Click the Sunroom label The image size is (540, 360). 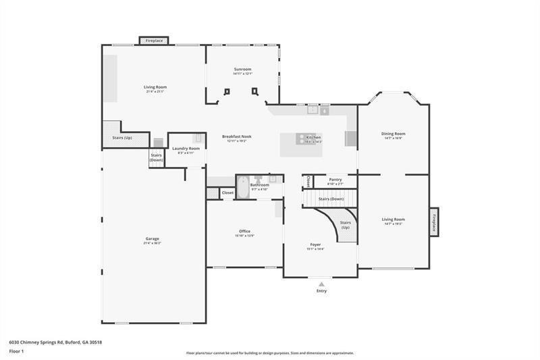pyautogui.click(x=242, y=70)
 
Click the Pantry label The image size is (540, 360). pyautogui.click(x=335, y=180)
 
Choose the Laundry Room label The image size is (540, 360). pyautogui.click(x=185, y=148)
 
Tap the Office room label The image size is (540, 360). pyautogui.click(x=244, y=231)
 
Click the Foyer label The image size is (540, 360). pyautogui.click(x=315, y=244)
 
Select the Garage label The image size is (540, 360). pyautogui.click(x=152, y=238)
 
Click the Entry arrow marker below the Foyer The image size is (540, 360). pyautogui.click(x=321, y=284)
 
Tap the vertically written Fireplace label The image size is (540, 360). pyautogui.click(x=434, y=222)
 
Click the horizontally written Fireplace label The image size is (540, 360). pyautogui.click(x=154, y=41)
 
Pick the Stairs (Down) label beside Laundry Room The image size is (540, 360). pyautogui.click(x=156, y=157)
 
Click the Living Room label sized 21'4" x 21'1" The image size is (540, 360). pyautogui.click(x=155, y=87)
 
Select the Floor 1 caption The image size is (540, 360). pyautogui.click(x=16, y=351)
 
